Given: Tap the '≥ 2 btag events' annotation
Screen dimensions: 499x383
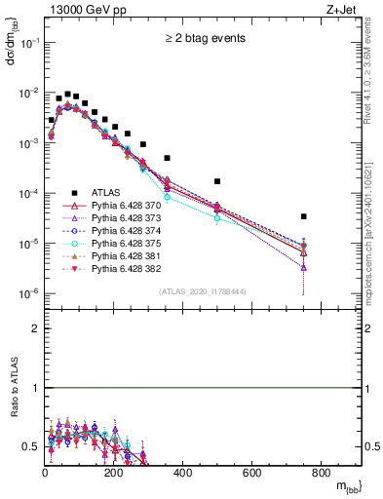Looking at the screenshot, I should (203, 39).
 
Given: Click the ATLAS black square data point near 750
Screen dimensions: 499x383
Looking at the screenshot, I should (304, 216).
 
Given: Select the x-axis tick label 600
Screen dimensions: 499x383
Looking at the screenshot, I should (252, 474).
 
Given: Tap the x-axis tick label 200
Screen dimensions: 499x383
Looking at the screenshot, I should (114, 474).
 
